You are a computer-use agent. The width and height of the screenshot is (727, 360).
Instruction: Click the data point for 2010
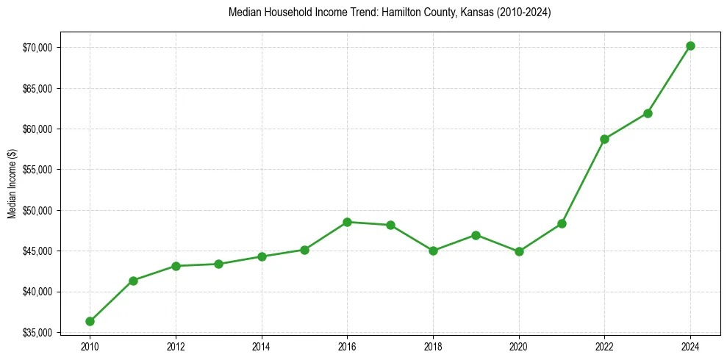90,321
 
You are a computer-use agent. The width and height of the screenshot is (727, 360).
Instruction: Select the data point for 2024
690,46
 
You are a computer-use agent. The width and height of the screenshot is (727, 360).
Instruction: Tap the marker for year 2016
347,222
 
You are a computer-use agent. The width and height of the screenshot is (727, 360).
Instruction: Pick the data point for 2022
604,139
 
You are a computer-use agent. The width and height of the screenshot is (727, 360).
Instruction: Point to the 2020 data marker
519,251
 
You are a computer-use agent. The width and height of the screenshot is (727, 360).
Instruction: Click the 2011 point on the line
133,281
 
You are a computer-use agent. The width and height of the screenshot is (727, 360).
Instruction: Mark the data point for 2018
433,251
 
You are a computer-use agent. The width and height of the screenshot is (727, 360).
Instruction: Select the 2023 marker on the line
648,113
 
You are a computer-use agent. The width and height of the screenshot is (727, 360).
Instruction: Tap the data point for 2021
562,223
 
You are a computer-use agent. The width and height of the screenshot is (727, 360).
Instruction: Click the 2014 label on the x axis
261,346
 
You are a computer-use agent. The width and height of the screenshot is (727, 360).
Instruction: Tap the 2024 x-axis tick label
690,346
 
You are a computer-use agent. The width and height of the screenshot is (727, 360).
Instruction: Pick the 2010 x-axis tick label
90,346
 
